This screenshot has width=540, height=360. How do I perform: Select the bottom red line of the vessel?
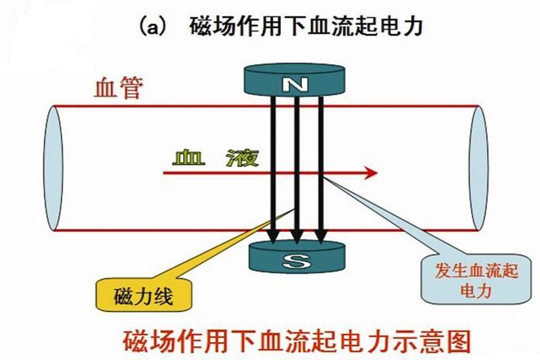(155, 230)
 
